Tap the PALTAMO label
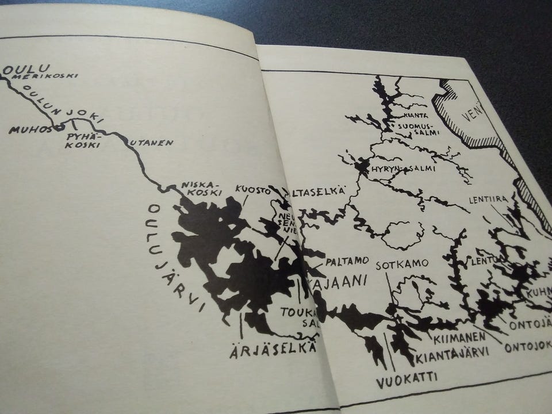pos(347,261)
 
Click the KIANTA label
pos(416,115)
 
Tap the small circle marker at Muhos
pos(56,127)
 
